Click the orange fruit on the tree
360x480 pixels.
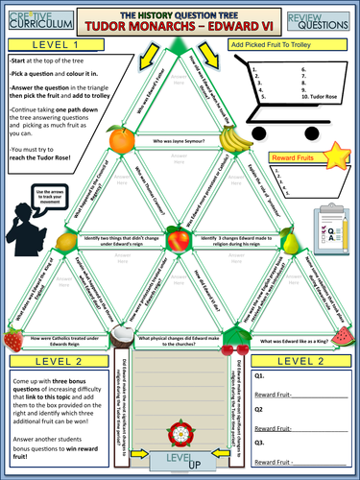(122, 140)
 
